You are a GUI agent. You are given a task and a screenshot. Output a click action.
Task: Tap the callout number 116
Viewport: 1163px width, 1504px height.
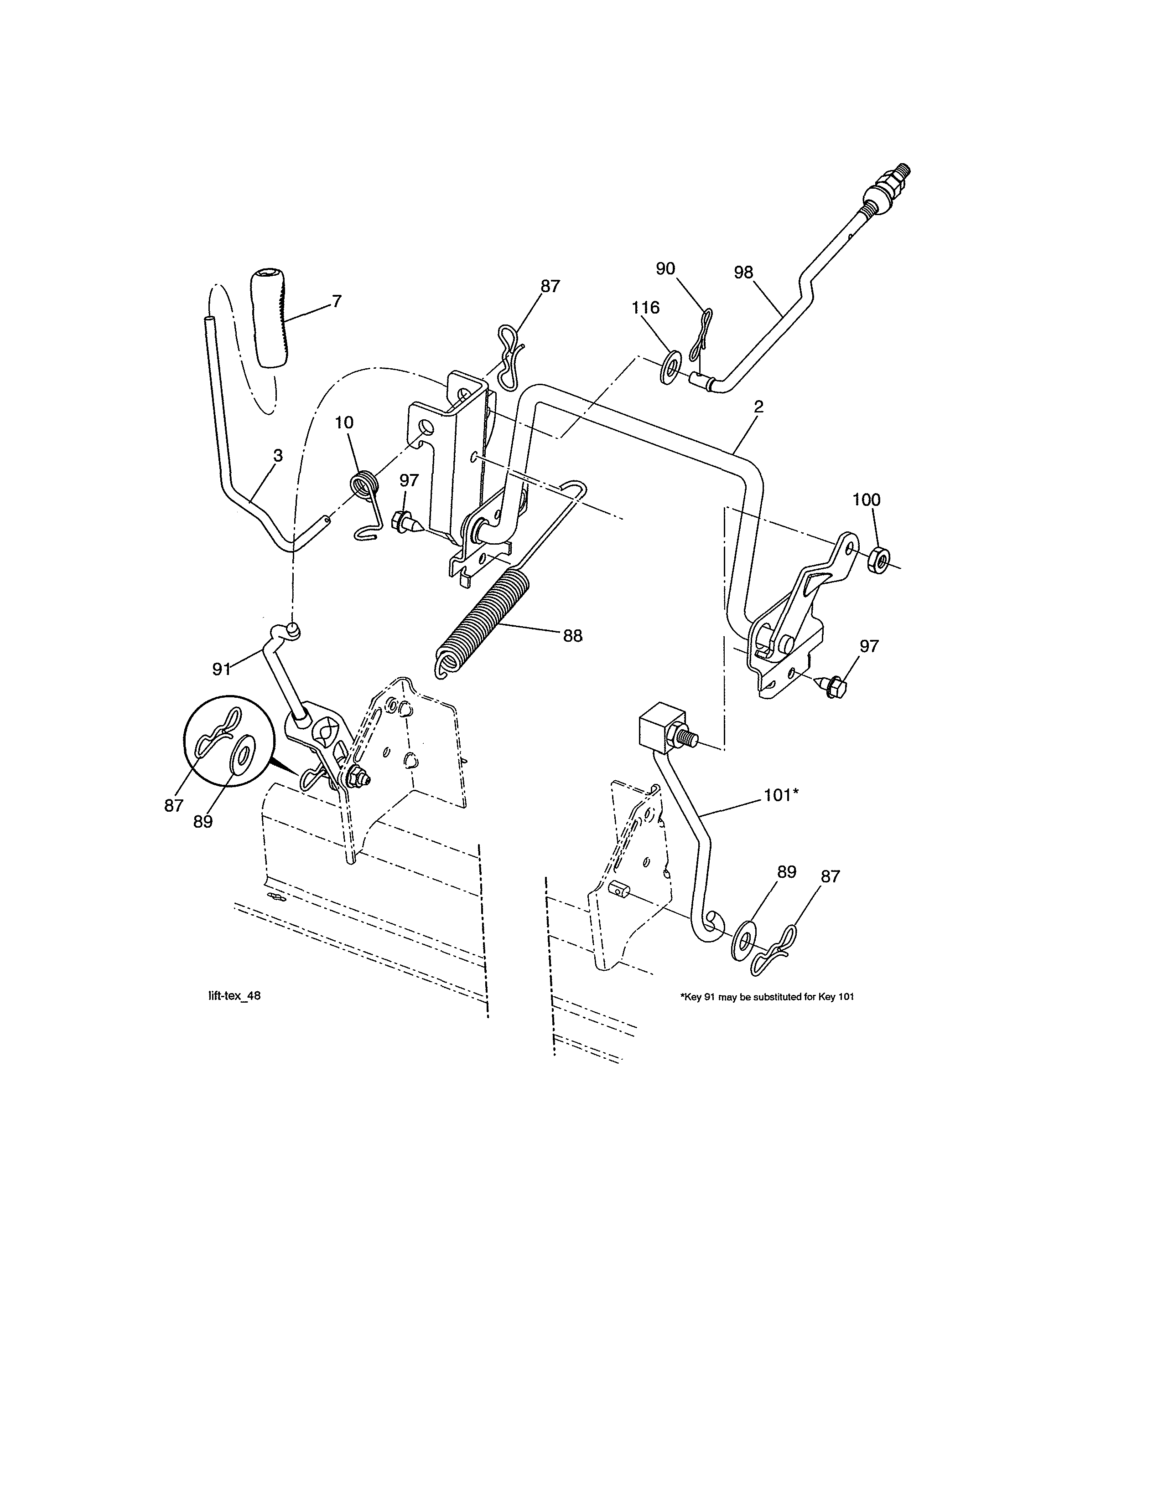pyautogui.click(x=645, y=307)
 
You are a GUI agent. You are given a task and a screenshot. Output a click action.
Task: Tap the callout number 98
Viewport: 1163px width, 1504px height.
pyautogui.click(x=744, y=272)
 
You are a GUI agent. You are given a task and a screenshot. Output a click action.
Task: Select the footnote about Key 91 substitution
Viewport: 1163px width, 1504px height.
pyautogui.click(x=767, y=996)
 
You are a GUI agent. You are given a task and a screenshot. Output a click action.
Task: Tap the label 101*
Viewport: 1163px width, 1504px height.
pyautogui.click(x=781, y=795)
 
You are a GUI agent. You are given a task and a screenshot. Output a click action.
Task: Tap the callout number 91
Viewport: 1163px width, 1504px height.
pyautogui.click(x=220, y=669)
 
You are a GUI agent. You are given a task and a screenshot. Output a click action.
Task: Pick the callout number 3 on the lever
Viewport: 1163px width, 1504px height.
pyautogui.click(x=278, y=455)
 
